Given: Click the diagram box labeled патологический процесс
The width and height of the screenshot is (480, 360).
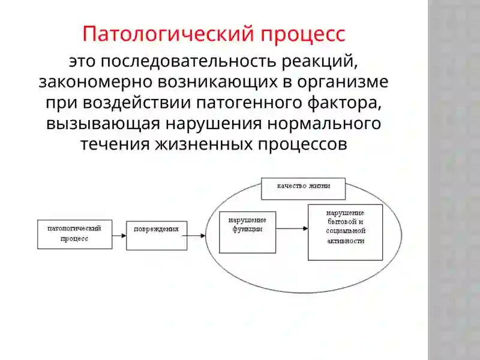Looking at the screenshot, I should pos(74,234).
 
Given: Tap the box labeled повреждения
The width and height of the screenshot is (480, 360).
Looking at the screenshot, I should pos(157,235).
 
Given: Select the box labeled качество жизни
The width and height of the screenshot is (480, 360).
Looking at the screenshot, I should pos(304,188).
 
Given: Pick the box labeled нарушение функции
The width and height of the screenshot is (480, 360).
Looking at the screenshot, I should pos(248,232).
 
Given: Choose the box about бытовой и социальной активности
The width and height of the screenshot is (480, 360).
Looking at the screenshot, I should pos(345,232).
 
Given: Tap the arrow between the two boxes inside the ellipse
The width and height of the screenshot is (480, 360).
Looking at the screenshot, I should pos(292,229).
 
